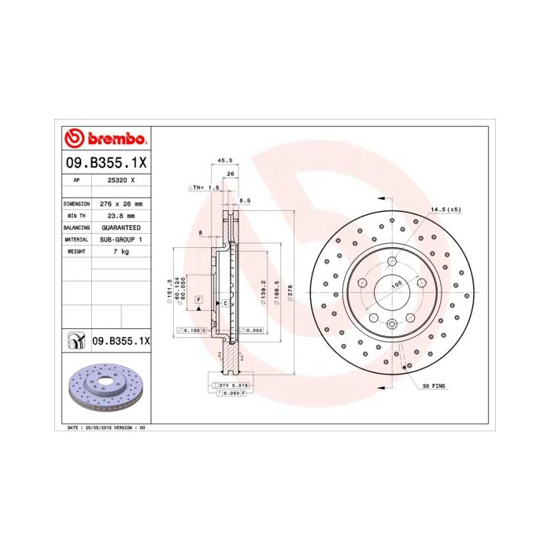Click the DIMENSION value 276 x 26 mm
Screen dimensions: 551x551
click(120, 203)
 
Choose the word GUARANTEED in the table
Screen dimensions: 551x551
click(120, 227)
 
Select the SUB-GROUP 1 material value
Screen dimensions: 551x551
click(120, 239)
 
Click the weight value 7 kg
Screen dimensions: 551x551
click(120, 250)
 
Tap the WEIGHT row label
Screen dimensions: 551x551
click(76, 250)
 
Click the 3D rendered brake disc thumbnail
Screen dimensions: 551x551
click(105, 387)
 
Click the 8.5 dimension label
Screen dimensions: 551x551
click(245, 202)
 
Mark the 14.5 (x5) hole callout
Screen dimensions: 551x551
click(445, 209)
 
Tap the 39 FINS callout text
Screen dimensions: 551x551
click(434, 386)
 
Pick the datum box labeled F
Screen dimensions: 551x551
click(199, 301)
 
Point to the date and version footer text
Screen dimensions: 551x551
click(102, 427)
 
